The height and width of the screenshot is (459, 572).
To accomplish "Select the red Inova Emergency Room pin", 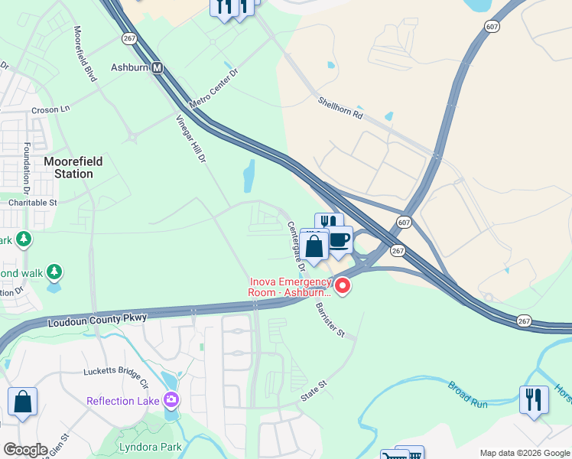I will pos(343,287).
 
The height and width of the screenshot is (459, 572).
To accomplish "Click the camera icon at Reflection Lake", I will pos(171,400).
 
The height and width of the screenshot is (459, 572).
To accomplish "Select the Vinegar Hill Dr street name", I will pos(192,139).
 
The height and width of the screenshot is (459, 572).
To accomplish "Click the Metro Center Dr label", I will pos(214,90).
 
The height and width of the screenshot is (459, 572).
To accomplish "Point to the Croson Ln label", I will pos(50,109).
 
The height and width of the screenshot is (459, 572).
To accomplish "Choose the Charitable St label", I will pos(33,203).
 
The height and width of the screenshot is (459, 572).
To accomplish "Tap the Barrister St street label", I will pos(331,320).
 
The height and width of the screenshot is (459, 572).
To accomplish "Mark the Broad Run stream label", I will pos(468,396).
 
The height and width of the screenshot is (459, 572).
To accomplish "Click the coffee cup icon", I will pos(340,241).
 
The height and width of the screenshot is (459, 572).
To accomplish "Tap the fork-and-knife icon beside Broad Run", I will pos(533,399).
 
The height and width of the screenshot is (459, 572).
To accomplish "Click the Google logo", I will pos(25,450).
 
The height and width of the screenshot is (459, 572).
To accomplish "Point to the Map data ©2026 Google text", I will pos(525,453).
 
